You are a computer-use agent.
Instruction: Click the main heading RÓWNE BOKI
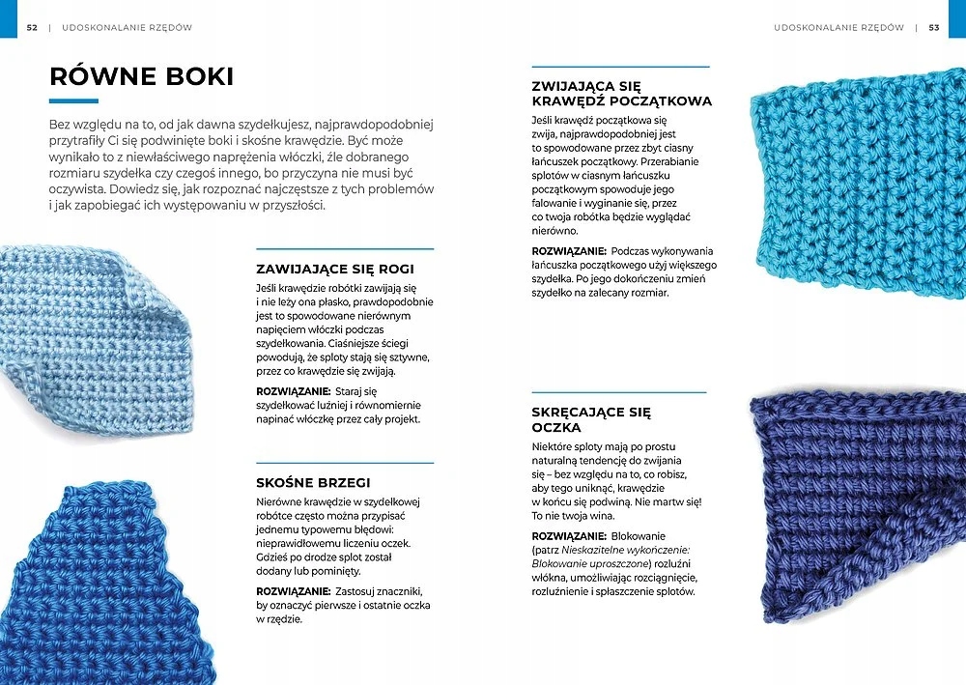141,75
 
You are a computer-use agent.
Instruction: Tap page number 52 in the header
32,28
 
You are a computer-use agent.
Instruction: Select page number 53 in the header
934,28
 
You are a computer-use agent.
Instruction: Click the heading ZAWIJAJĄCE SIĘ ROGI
334,270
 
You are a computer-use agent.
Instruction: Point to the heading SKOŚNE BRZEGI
313,482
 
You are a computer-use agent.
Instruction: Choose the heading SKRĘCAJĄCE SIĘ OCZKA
591,419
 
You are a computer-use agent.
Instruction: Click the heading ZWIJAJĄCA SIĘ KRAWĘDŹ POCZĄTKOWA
621,93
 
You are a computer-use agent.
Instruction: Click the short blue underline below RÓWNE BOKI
73,100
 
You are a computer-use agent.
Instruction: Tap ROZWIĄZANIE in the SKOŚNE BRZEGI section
294,590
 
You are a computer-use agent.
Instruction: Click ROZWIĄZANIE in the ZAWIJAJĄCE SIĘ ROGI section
294,390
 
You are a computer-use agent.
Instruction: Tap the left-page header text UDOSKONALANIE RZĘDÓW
127,28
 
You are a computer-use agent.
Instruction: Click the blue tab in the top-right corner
957,18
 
